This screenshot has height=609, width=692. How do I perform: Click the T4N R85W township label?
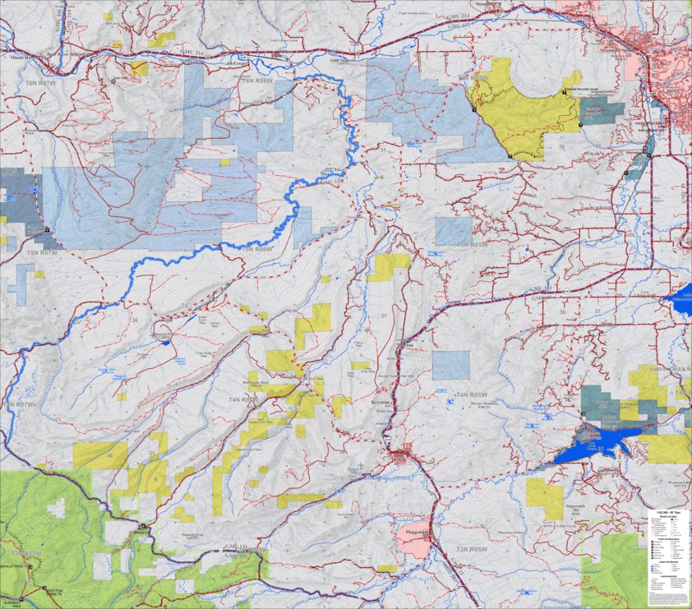[473, 395]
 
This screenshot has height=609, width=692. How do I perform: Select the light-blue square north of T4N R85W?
[451, 364]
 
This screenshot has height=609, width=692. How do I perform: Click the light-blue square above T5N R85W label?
[454, 231]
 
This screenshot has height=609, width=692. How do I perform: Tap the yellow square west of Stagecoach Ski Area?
[544, 497]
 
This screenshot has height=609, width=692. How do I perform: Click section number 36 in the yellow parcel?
[109, 455]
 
